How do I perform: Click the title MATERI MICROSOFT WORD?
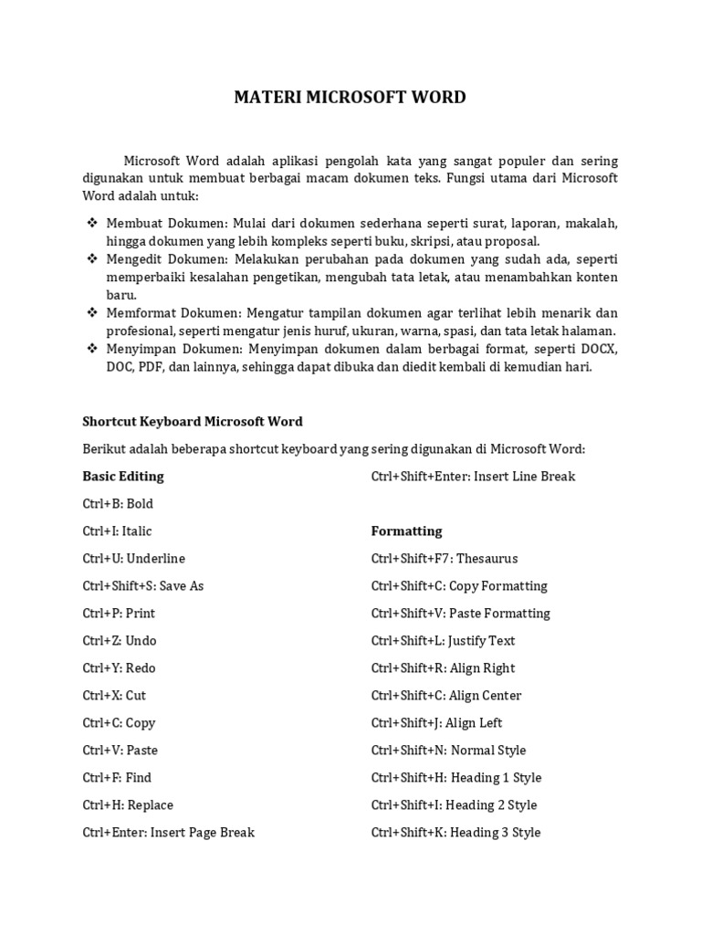(350, 98)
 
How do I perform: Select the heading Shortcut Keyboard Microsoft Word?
(193, 422)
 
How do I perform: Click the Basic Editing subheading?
(123, 477)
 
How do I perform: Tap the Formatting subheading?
(406, 531)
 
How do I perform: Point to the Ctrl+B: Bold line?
(118, 504)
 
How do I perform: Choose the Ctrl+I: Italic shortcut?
(117, 531)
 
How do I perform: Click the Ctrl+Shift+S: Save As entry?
(143, 586)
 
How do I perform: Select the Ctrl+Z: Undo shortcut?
(120, 641)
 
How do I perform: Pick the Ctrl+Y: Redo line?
(119, 668)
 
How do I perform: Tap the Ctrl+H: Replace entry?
(128, 805)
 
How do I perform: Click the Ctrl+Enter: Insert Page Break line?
(169, 833)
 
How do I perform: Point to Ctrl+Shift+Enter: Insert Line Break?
(473, 477)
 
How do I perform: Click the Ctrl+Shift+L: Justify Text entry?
(444, 641)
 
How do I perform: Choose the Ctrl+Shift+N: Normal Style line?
(448, 751)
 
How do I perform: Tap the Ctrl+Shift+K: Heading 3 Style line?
(455, 833)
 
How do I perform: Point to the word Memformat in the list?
(137, 313)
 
